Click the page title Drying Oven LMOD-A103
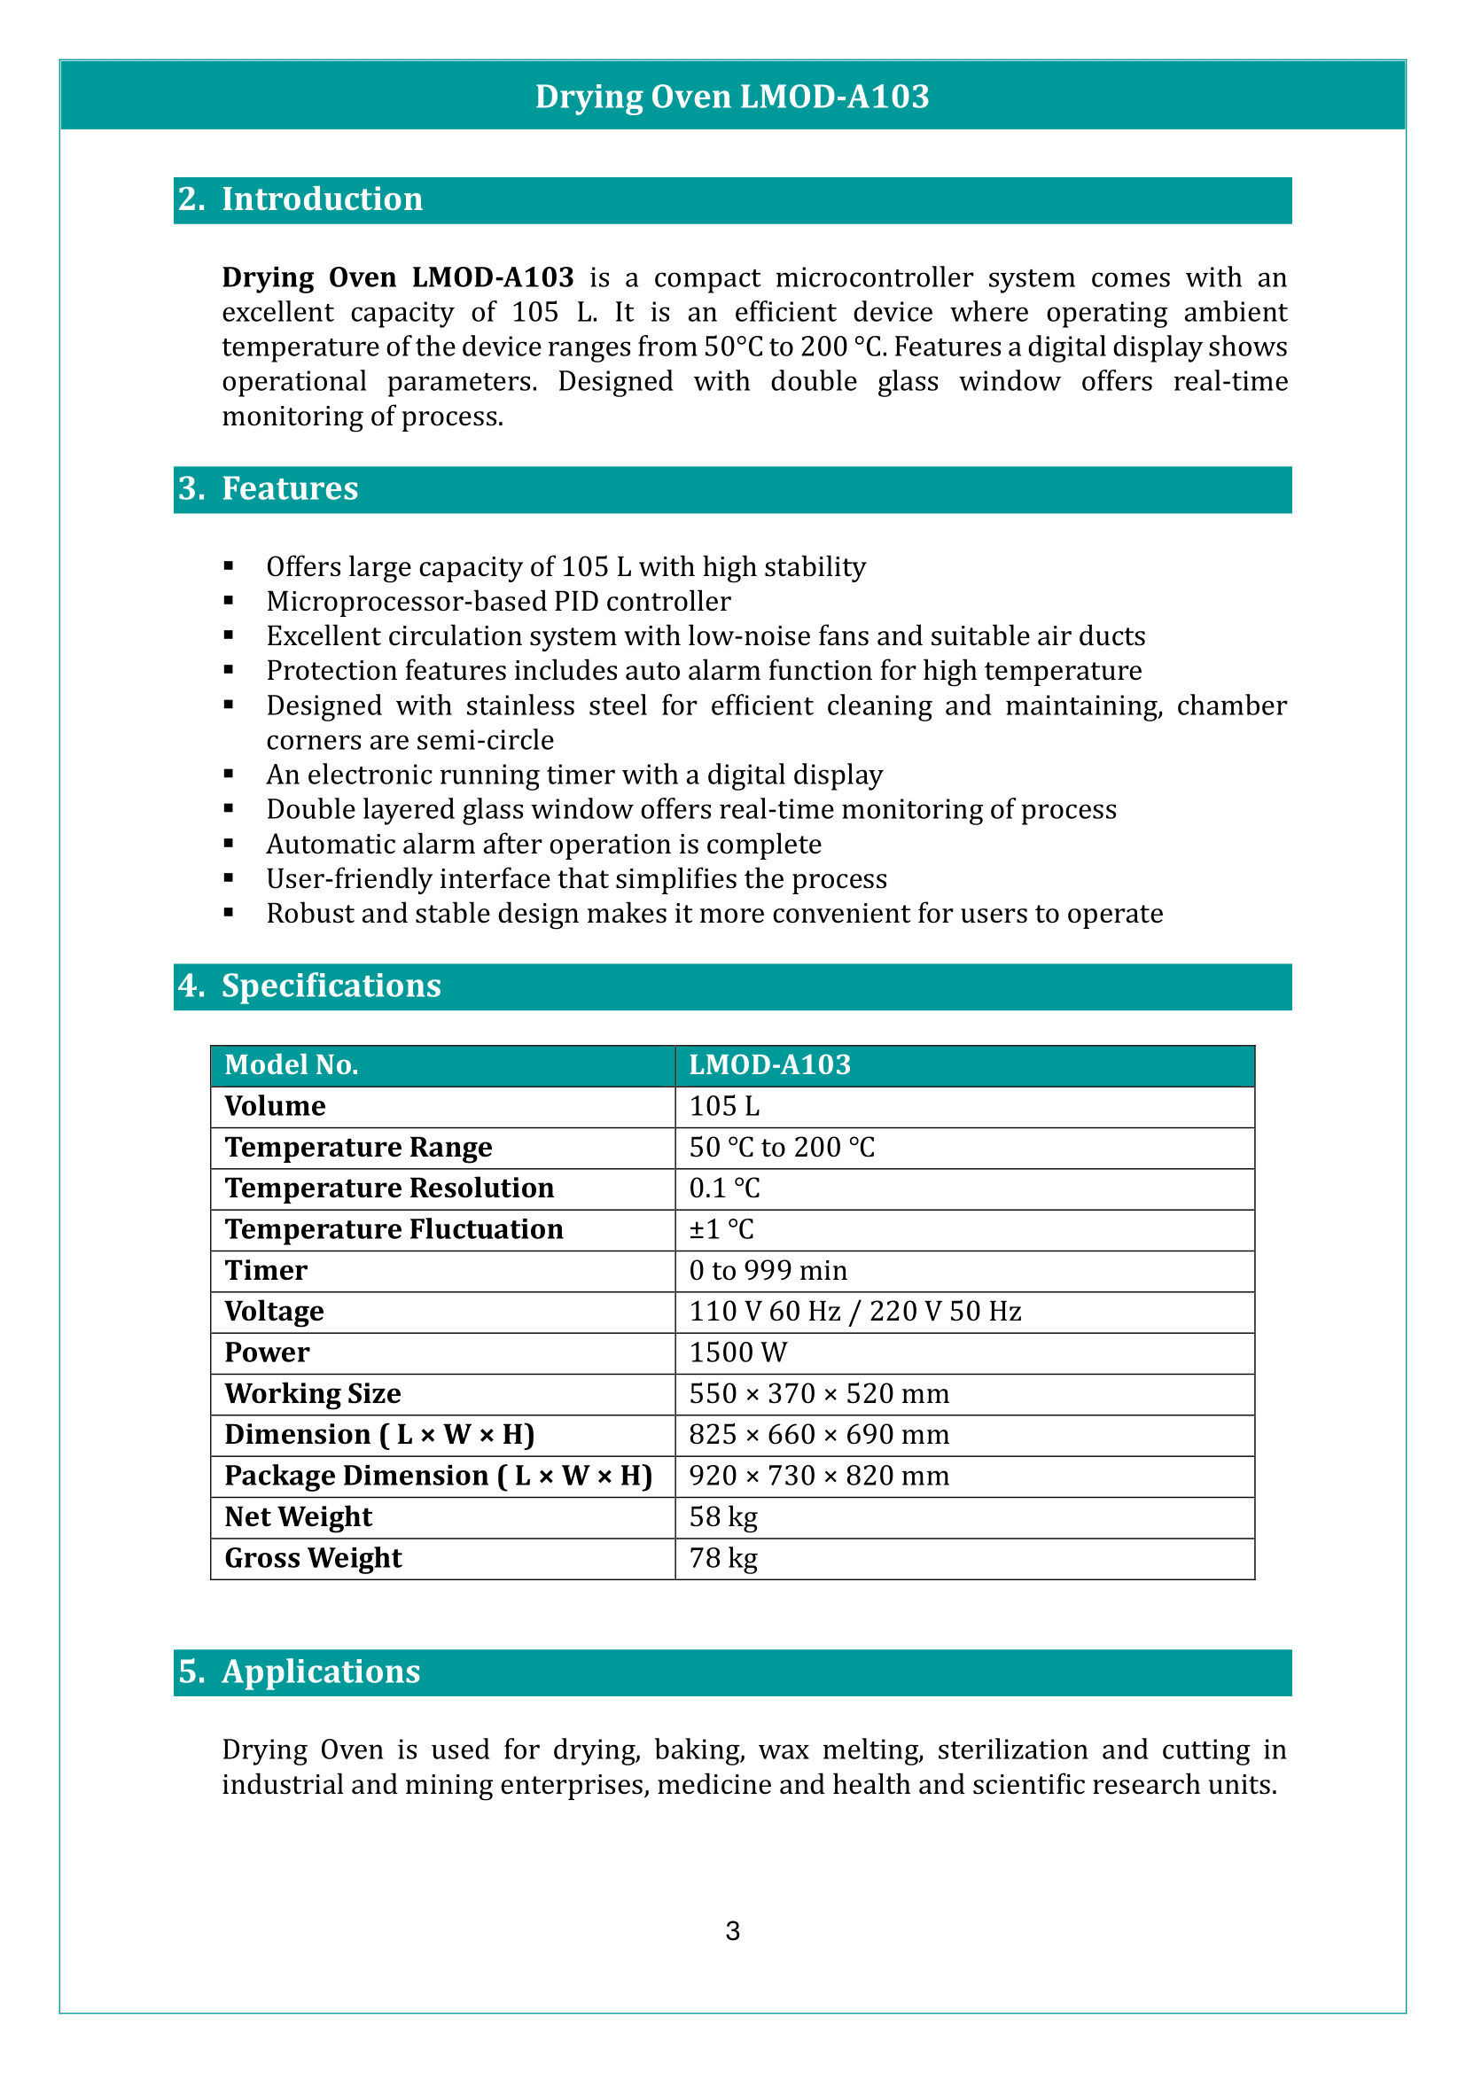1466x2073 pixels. coord(732,97)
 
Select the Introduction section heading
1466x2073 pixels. coord(322,199)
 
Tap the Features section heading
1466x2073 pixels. coord(289,488)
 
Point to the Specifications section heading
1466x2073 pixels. coord(331,986)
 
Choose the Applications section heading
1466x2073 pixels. coord(321,1672)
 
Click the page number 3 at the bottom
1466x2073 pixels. coord(733,1931)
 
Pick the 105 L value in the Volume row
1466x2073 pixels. coord(724,1106)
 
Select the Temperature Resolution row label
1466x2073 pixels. coord(389,1188)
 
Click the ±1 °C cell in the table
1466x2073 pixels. coord(721,1230)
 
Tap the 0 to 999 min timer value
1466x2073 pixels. coord(768,1271)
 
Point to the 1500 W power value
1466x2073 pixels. coord(737,1352)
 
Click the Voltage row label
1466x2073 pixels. coord(275,1312)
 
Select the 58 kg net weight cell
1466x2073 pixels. coord(723,1516)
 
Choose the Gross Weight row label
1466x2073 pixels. coord(313,1558)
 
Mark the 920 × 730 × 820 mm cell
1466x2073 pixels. coord(819,1477)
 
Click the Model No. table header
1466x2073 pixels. coord(292,1065)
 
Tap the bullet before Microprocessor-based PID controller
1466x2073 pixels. coord(230,601)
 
